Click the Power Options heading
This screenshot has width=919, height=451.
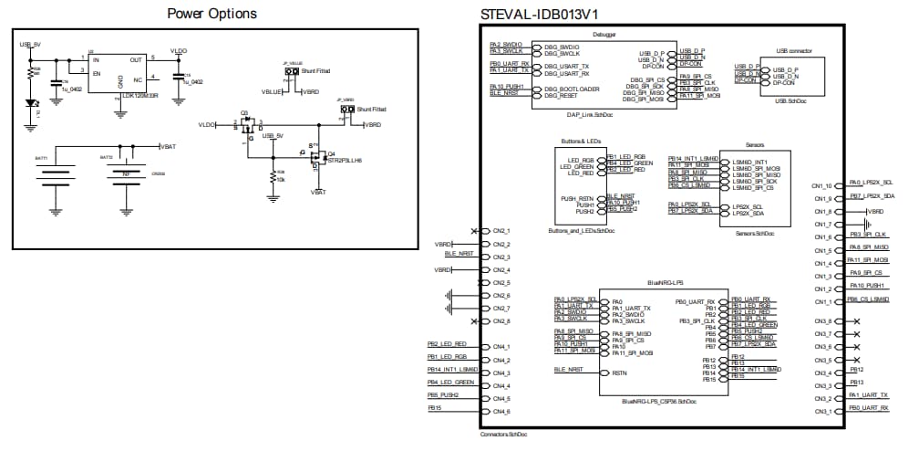(212, 14)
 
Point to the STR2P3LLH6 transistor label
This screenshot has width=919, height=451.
(345, 160)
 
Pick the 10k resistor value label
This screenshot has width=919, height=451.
(281, 178)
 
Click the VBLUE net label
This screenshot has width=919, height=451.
(272, 92)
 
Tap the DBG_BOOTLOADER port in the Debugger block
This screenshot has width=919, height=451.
(567, 89)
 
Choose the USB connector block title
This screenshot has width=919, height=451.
(792, 51)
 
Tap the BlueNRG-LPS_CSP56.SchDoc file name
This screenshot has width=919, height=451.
(656, 401)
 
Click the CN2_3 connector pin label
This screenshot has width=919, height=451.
(501, 257)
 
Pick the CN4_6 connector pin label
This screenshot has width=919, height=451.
(501, 412)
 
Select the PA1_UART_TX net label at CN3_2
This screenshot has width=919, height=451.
(868, 395)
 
